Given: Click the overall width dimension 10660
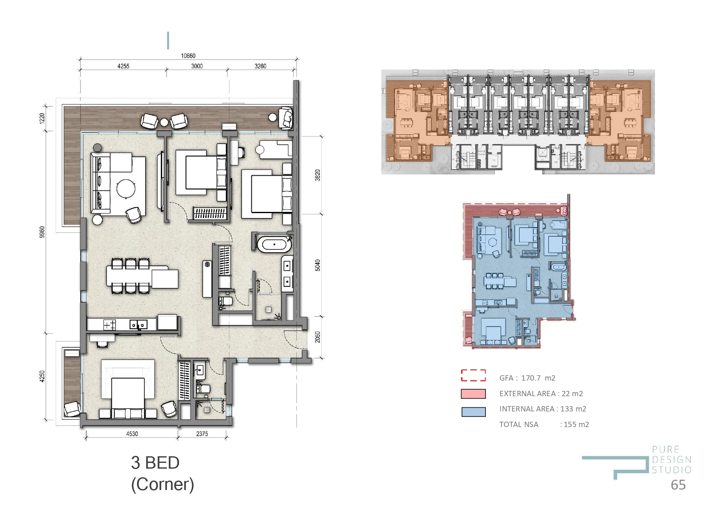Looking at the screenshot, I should click(x=188, y=56).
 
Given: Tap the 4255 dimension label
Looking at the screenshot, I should click(x=123, y=66).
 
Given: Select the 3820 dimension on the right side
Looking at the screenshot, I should click(x=317, y=175).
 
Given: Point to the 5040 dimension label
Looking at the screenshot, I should click(x=317, y=265).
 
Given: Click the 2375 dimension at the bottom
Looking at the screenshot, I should click(x=202, y=434).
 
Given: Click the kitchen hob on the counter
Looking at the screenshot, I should click(x=109, y=325).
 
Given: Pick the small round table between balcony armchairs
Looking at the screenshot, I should click(x=164, y=122).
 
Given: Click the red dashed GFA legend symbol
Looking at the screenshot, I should click(x=473, y=375).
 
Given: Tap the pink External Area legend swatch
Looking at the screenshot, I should click(x=473, y=394).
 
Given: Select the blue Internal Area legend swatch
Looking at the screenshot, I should click(x=473, y=412).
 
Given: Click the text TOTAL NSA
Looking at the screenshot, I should click(x=518, y=425).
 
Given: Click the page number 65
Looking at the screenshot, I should click(x=678, y=485).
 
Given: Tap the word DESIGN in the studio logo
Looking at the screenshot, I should click(x=671, y=460).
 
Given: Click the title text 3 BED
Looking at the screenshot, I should click(x=155, y=463).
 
